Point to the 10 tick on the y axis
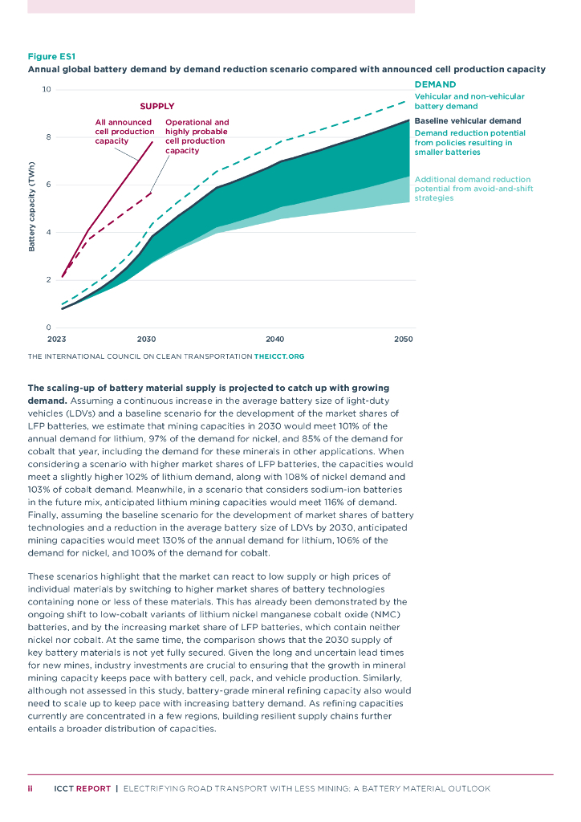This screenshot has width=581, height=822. coord(47,89)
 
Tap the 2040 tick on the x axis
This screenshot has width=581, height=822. coord(274,340)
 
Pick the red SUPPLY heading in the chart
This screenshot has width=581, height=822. coord(156,106)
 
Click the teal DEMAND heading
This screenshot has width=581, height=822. coord(435,84)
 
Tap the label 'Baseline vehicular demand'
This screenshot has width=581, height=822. coord(467,121)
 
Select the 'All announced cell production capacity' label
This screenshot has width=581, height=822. coord(124,132)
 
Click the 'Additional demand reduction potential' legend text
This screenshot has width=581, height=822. coord(473,189)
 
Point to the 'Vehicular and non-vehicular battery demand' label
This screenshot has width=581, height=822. coord(469,101)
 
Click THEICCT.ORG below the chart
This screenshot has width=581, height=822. coord(278,356)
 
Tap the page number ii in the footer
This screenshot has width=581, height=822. coord(30,788)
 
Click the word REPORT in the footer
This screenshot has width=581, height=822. coord(94,788)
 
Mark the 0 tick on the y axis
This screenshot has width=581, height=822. coord(49,327)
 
